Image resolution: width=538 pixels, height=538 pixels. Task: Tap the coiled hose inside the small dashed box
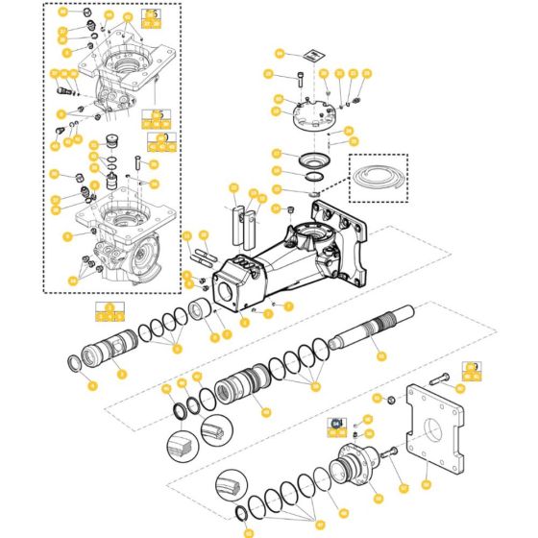[377, 180]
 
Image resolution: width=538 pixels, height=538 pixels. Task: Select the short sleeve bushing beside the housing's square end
[202, 312]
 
